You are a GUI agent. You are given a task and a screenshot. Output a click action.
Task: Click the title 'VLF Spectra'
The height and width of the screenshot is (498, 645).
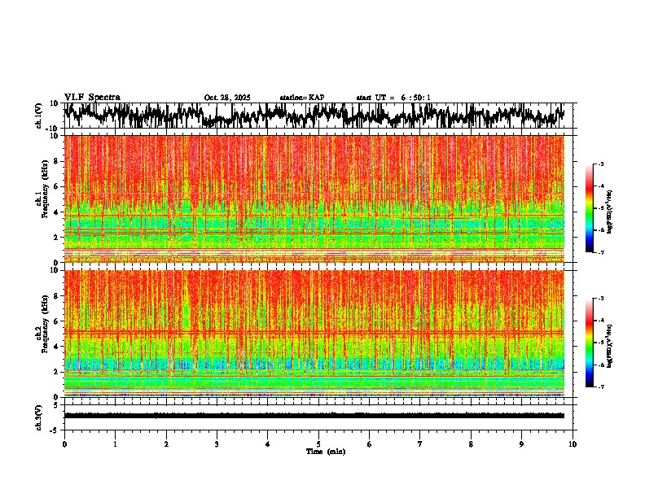[x=92, y=97]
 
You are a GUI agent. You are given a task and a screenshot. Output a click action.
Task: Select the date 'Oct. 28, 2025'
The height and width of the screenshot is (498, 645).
[x=227, y=98]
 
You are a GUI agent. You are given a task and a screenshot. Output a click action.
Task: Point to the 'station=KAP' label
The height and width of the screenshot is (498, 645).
[x=301, y=98]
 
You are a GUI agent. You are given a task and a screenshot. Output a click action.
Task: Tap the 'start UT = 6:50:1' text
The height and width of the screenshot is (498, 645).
[x=393, y=98]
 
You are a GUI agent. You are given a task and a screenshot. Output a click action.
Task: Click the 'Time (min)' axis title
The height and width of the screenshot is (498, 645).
[x=325, y=451]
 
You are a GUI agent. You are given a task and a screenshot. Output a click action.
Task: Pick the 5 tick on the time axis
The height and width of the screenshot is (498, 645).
[x=318, y=444]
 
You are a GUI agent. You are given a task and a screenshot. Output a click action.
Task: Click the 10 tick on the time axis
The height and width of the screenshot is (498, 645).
[x=573, y=444]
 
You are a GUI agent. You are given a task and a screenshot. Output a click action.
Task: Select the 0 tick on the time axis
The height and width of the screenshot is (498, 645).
[x=64, y=444]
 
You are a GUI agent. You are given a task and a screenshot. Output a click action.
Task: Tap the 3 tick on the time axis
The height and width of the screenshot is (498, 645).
[x=217, y=444]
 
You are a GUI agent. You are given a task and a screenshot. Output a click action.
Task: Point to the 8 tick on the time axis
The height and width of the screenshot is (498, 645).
[x=471, y=444]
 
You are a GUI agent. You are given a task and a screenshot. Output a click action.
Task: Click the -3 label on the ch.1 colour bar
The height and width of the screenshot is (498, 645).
[x=600, y=164]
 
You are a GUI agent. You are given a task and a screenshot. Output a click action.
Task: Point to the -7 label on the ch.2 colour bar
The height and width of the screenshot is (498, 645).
[x=600, y=387]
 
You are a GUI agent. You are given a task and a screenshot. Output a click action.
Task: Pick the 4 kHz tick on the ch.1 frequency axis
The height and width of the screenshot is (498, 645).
[x=56, y=212]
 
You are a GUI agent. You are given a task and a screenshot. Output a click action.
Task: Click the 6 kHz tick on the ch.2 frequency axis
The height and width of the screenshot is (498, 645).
[x=56, y=321]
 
